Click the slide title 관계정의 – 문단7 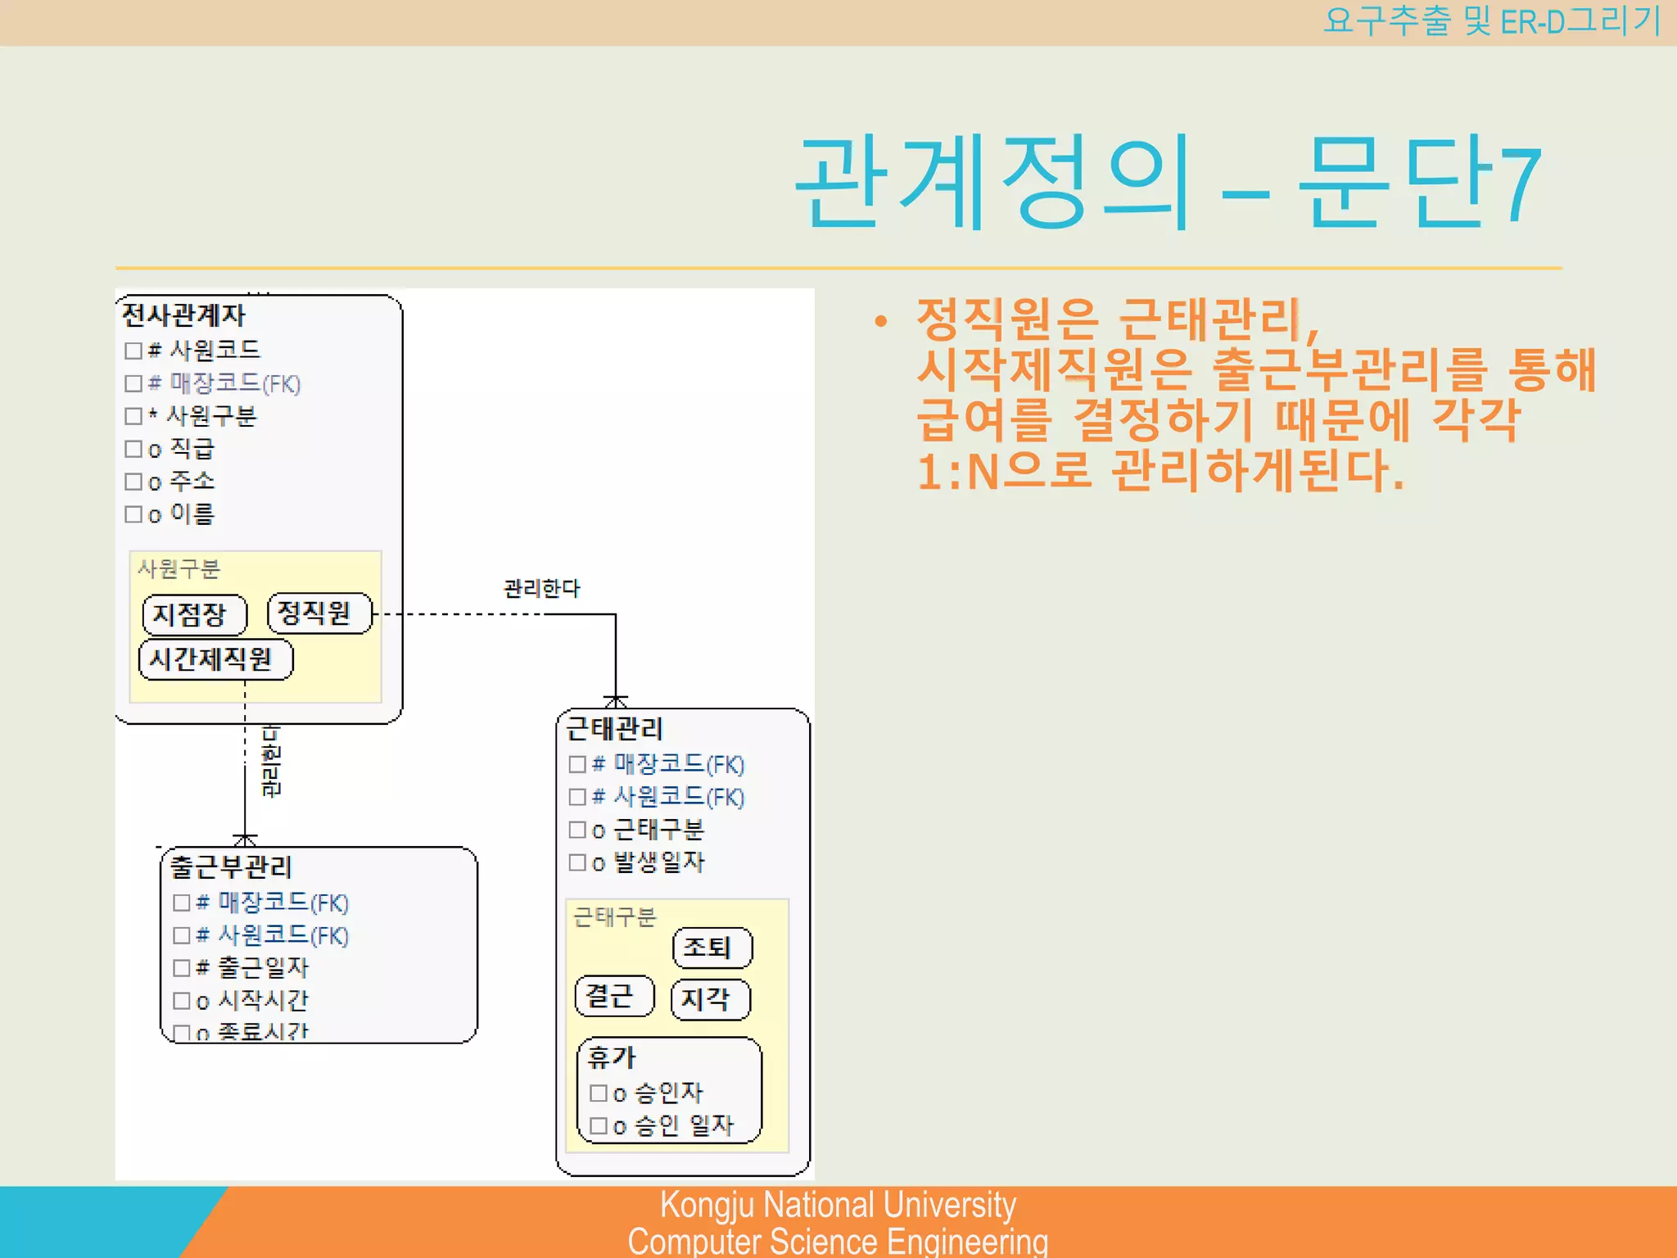tap(1168, 182)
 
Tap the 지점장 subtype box tap(194, 614)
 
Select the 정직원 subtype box tap(319, 613)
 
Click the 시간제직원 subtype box tap(215, 659)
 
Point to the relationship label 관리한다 tap(541, 588)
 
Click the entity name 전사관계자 tap(183, 314)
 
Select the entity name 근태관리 tap(614, 728)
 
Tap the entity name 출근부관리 tap(231, 867)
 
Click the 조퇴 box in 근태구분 tap(712, 948)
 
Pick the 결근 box tap(614, 996)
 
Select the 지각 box tap(710, 999)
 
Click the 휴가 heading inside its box tap(612, 1057)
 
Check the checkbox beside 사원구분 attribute tap(133, 416)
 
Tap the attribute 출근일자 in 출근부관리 tap(263, 968)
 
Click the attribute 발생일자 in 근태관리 tap(658, 862)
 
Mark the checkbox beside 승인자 tap(599, 1093)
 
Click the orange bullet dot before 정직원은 tap(880, 321)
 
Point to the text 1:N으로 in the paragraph tap(1004, 471)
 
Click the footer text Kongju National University tap(838, 1205)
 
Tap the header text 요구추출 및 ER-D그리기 tap(1490, 21)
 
